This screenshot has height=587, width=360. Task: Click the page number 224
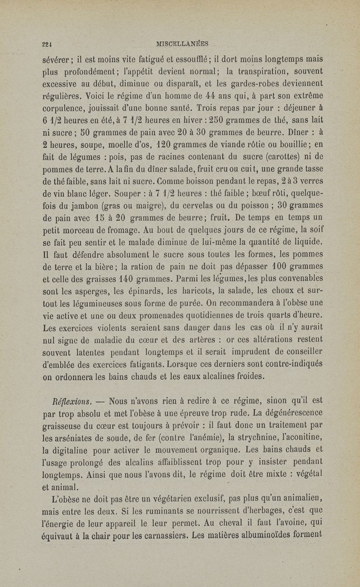point(45,45)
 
